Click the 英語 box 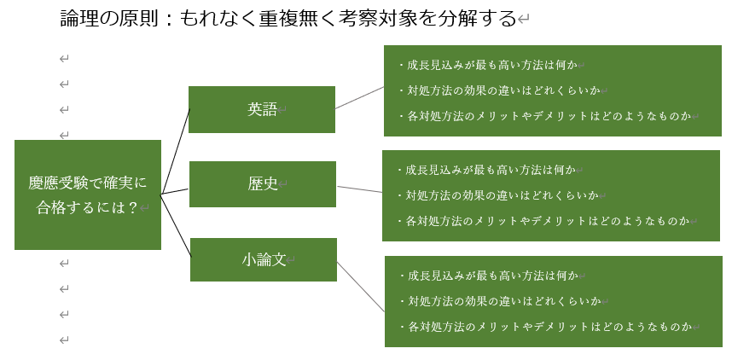[x=262, y=110]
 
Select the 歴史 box [x=263, y=184]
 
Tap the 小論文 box [x=264, y=259]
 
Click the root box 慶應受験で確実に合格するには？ [x=88, y=195]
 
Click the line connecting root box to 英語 [x=176, y=151]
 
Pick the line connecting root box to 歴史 [x=175, y=191]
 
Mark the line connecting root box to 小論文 [x=176, y=225]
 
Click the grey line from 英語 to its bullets [x=359, y=97]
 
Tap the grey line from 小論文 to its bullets [x=361, y=287]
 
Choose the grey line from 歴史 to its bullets [x=359, y=189]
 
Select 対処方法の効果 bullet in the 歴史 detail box [x=497, y=195]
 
